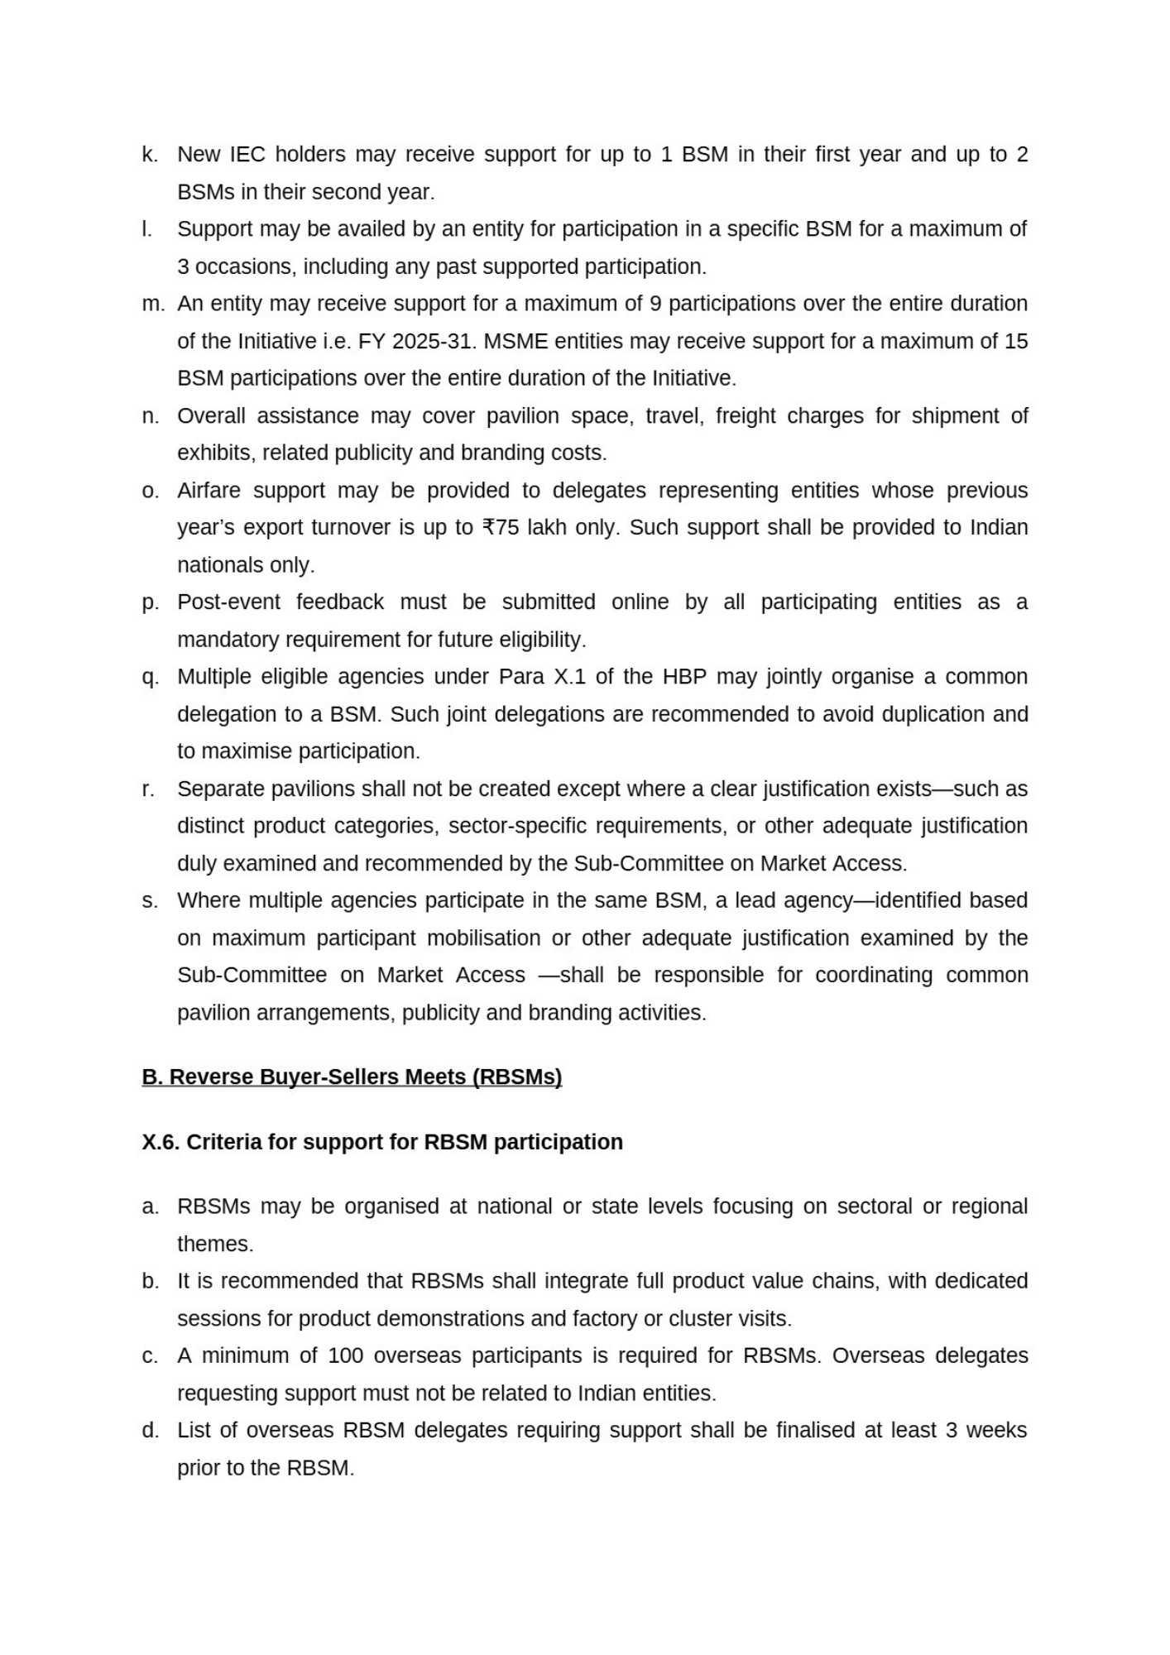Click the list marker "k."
click(x=149, y=155)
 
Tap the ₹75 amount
click(x=500, y=528)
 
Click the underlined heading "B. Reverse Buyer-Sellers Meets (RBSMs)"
click(x=352, y=1077)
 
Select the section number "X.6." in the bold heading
click(x=161, y=1143)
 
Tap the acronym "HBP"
click(x=684, y=677)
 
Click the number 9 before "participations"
click(x=655, y=304)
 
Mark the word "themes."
click(x=215, y=1245)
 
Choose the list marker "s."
click(x=149, y=901)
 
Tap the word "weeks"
click(x=996, y=1431)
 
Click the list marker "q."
click(x=149, y=677)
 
